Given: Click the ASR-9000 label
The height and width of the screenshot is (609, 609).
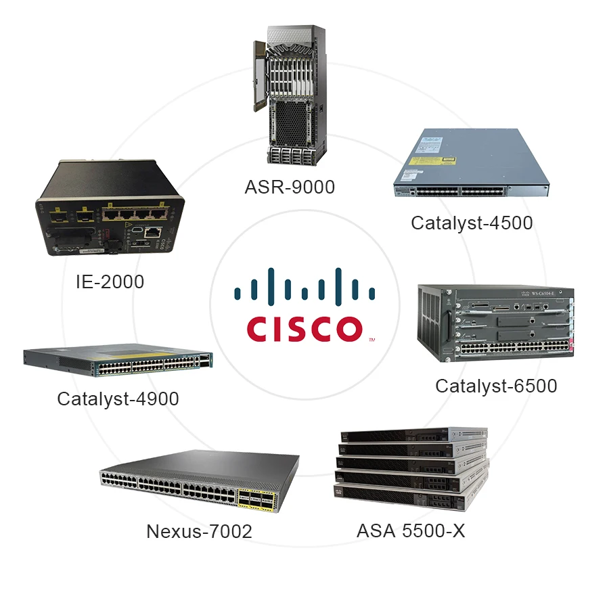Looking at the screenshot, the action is point(290,187).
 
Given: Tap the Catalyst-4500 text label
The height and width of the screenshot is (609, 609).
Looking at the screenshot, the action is point(472,222).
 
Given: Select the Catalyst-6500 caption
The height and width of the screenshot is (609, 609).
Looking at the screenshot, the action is point(496,386).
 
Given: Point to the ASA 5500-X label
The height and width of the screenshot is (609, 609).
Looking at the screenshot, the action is point(411,531).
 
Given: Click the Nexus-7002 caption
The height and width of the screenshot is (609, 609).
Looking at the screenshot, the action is point(199,531).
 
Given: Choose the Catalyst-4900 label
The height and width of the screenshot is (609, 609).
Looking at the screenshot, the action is point(118,399).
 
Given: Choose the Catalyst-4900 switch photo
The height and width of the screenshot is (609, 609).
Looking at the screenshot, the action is point(118,363).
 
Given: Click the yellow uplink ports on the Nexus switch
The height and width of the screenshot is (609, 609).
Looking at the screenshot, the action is point(258,500).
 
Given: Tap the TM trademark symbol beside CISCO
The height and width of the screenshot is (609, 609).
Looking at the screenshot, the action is point(371,339).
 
